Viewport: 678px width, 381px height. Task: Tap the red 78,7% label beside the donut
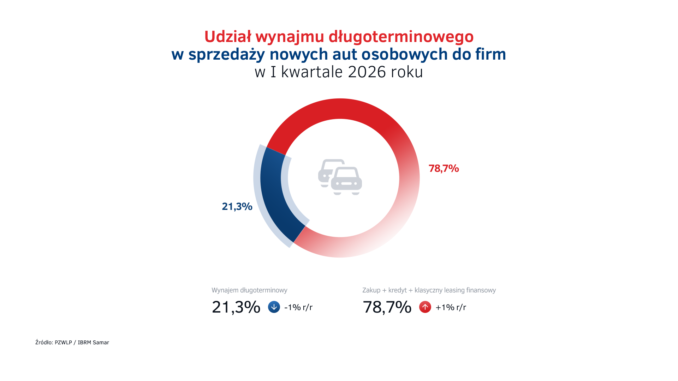[x=444, y=169]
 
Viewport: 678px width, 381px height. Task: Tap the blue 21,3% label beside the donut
[x=237, y=206]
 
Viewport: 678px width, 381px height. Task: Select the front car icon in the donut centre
[x=346, y=181]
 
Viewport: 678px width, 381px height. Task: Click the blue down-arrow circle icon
[x=274, y=307]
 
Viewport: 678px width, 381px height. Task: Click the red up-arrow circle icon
[x=425, y=307]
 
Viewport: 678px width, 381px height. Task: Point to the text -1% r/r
[x=298, y=307]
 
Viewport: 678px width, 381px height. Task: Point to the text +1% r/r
[x=451, y=307]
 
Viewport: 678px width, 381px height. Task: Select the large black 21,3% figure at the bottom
[x=236, y=307]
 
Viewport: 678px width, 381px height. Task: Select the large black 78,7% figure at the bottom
[x=387, y=307]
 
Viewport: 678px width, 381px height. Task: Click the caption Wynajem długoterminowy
[x=249, y=290]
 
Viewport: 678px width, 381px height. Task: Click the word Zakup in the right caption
[x=371, y=290]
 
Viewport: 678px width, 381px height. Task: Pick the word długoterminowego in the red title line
[x=401, y=37]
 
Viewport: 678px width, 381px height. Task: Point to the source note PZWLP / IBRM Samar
[x=82, y=343]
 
